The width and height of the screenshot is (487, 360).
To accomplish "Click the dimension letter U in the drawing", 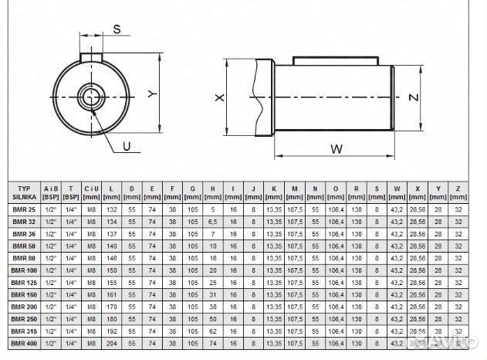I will point(127,144).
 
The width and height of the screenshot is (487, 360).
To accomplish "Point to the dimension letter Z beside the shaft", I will point(414,97).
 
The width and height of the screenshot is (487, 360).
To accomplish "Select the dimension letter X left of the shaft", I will point(220,98).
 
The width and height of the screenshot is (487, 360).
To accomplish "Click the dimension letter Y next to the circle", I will point(152,94).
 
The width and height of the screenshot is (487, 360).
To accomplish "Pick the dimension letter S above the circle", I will point(117,29).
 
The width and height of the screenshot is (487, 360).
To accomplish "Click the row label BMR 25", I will point(24,210).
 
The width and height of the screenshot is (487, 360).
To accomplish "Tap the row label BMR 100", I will point(24,270).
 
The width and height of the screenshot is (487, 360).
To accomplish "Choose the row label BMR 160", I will point(24,294).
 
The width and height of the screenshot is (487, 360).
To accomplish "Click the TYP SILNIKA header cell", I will point(24,192).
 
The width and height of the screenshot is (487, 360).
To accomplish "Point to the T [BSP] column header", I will point(72,192).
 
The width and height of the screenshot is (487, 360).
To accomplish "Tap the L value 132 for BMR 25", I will point(112,210).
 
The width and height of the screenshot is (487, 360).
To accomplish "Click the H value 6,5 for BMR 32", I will point(211,222).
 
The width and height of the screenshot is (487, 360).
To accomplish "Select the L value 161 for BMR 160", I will point(112,294).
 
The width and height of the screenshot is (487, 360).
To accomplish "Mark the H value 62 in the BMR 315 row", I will point(211,330).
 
